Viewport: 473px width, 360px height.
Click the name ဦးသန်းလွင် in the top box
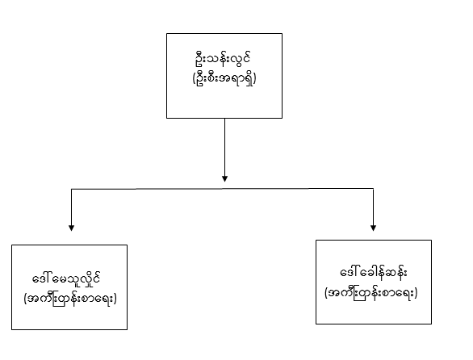pyautogui.click(x=222, y=59)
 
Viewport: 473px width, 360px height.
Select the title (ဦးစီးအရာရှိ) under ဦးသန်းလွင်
pyautogui.click(x=224, y=79)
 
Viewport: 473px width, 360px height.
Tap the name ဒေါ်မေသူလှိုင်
pyautogui.click(x=66, y=278)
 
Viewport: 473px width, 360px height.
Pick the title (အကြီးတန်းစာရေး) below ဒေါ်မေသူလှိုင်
pyautogui.click(x=70, y=299)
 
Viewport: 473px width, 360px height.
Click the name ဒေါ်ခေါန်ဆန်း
pyautogui.click(x=374, y=273)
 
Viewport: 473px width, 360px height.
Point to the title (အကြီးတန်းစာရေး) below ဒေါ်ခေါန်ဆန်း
pyautogui.click(x=371, y=293)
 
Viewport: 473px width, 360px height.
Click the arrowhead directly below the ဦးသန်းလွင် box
pyautogui.click(x=224, y=178)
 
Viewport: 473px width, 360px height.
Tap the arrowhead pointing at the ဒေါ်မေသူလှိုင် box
pyautogui.click(x=71, y=228)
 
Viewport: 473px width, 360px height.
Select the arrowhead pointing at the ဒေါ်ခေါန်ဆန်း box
pyautogui.click(x=373, y=228)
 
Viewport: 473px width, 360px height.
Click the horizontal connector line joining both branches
pyautogui.click(x=222, y=189)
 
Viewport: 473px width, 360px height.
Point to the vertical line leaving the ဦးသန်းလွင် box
pyautogui.click(x=224, y=147)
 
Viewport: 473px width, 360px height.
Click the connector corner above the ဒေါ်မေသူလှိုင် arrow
pyautogui.click(x=71, y=189)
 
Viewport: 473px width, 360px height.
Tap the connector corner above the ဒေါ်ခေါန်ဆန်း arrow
pyautogui.click(x=373, y=189)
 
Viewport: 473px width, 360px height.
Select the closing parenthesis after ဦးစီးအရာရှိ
pyautogui.click(x=255, y=79)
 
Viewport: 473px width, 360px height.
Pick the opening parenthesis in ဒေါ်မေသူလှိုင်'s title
pyautogui.click(x=25, y=299)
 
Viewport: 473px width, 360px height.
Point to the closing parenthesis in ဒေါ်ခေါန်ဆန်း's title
pyautogui.click(x=416, y=293)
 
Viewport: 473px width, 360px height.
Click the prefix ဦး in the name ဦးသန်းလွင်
pyautogui.click(x=199, y=59)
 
